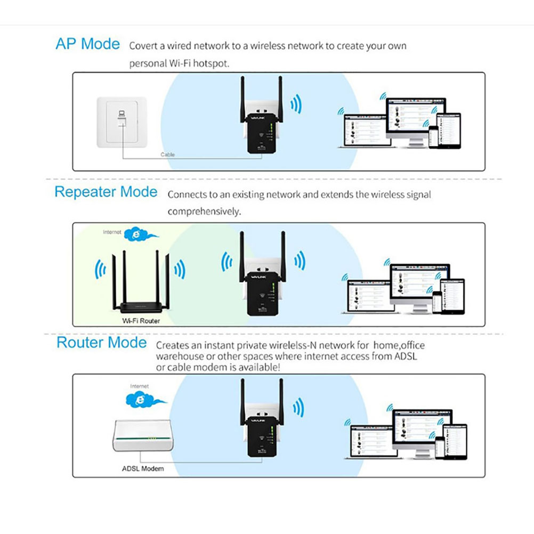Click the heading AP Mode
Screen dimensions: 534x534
(87, 44)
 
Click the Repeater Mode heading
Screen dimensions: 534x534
(106, 192)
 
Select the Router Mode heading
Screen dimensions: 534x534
(101, 342)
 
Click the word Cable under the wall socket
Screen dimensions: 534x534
(168, 155)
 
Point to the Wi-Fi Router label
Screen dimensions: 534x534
(141, 321)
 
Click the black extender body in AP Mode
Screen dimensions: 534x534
(260, 133)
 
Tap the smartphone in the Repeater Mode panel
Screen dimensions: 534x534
(437, 302)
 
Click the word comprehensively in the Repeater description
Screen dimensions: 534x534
(204, 212)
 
